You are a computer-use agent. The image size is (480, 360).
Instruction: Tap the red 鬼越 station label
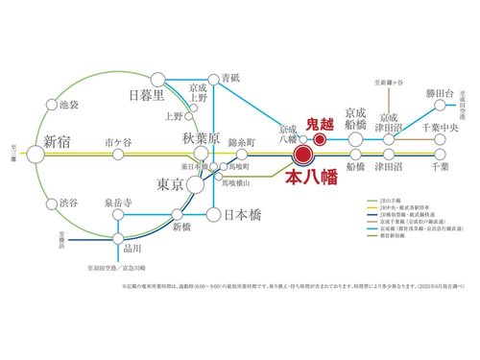tap(318, 124)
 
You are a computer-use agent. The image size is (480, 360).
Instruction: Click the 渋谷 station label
tap(68, 203)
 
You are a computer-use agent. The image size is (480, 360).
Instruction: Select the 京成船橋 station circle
tap(355, 139)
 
